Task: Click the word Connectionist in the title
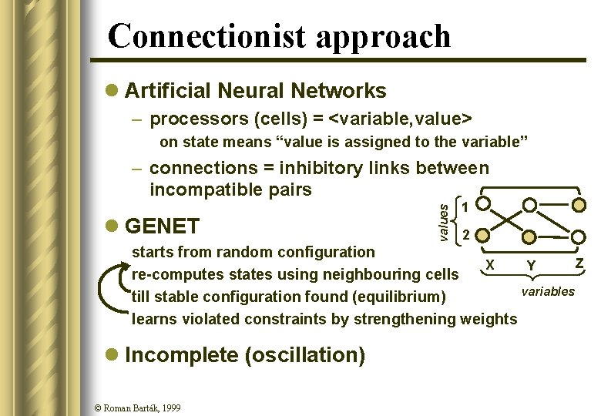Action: pos(203,37)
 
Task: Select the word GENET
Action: pos(162,226)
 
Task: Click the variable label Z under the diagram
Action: pos(579,264)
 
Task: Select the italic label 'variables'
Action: pos(548,291)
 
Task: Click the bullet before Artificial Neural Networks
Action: pos(112,91)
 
